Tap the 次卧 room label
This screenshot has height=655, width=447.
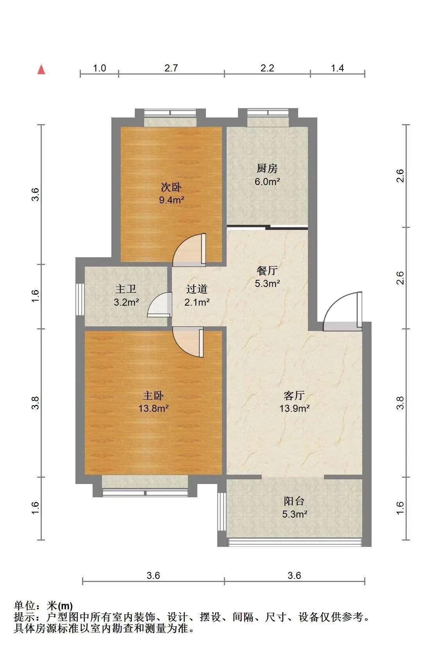pyautogui.click(x=171, y=187)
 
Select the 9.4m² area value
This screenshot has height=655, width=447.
pyautogui.click(x=172, y=200)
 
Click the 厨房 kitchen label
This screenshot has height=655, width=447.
pyautogui.click(x=267, y=168)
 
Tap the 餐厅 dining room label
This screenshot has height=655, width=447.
pyautogui.click(x=267, y=271)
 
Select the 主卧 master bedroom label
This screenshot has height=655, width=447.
pyautogui.click(x=153, y=396)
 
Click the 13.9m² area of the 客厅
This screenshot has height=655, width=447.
pyautogui.click(x=295, y=408)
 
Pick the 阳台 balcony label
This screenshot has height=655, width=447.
pyautogui.click(x=294, y=501)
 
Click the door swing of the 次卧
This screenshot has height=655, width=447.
pyautogui.click(x=189, y=250)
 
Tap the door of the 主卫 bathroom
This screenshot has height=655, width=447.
pyautogui.click(x=159, y=304)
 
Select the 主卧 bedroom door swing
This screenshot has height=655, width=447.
pyautogui.click(x=188, y=342)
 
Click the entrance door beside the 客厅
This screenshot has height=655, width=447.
pyautogui.click(x=343, y=311)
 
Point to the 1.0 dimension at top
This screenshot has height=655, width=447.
pyautogui.click(x=99, y=68)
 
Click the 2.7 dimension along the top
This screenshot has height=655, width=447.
pyautogui.click(x=171, y=68)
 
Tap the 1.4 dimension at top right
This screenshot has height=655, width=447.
pyautogui.click(x=337, y=68)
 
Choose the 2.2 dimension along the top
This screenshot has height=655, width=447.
pyautogui.click(x=267, y=68)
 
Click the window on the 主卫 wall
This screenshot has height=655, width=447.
pyautogui.click(x=80, y=299)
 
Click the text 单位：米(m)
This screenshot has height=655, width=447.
pyautogui.click(x=43, y=605)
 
